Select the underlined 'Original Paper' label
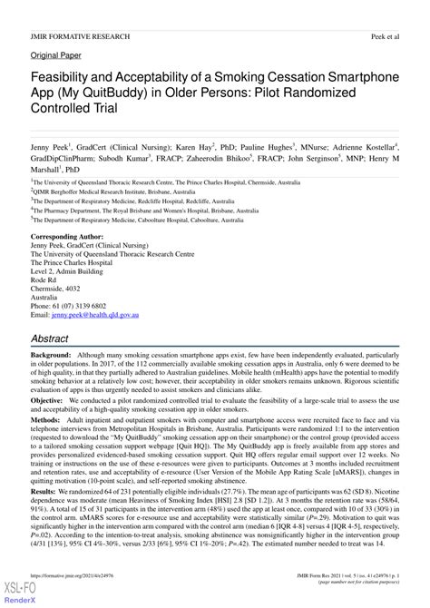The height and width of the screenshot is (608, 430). tap(56, 54)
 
